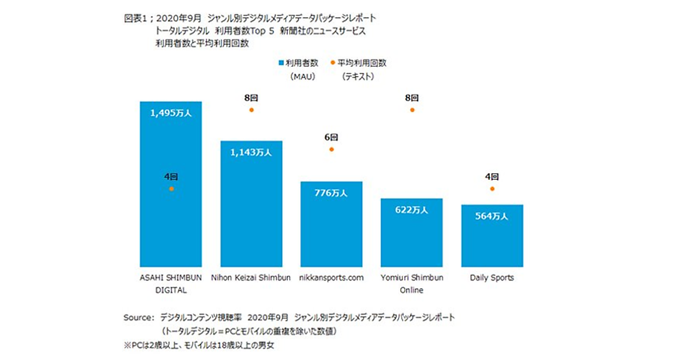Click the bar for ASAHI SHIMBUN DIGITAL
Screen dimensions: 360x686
171,229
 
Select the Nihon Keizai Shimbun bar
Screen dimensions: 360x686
252,217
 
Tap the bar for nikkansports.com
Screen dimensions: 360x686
332,234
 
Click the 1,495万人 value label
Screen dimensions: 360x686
171,113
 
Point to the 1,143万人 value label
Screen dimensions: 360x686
252,153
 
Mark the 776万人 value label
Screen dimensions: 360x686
332,193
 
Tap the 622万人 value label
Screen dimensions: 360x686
412,210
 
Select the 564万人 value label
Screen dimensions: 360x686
492,216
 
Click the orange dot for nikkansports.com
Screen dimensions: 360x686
332,149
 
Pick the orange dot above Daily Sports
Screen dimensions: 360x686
492,189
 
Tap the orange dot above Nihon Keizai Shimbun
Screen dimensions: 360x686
252,109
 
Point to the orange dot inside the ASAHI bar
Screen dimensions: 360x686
171,189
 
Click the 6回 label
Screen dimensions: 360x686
332,138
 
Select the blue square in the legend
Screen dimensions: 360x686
281,63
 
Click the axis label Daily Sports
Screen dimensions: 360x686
492,278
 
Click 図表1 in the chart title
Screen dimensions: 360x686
134,18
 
